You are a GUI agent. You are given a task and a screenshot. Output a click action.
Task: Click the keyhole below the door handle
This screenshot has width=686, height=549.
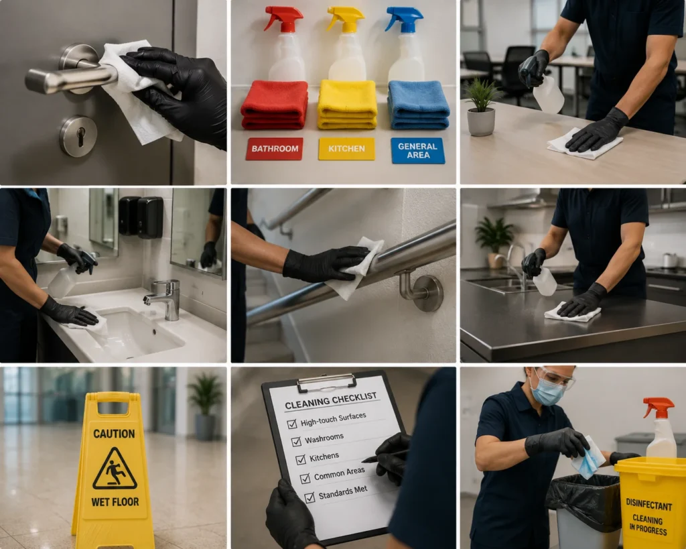(x=80, y=137)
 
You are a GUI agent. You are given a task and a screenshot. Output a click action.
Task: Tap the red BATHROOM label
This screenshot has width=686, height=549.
(x=274, y=148)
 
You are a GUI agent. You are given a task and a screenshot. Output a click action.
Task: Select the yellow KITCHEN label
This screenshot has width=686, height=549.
(x=346, y=149)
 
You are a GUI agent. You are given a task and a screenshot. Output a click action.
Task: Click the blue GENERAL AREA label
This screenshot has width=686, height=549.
(x=418, y=150)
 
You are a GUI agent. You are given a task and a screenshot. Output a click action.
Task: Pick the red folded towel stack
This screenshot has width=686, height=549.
(x=274, y=105)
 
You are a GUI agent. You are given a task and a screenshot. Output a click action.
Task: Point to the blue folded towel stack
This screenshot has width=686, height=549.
(x=418, y=105)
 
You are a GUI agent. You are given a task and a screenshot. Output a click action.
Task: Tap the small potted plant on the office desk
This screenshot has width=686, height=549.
(x=481, y=107)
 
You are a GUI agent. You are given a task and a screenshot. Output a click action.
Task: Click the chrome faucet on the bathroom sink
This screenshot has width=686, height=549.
(x=165, y=299)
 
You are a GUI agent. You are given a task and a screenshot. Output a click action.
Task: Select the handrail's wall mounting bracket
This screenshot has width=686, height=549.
(x=421, y=290)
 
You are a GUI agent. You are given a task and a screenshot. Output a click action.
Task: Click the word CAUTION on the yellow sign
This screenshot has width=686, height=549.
(x=114, y=434)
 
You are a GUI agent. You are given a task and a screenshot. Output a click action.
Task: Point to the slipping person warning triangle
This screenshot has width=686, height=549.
(x=115, y=469)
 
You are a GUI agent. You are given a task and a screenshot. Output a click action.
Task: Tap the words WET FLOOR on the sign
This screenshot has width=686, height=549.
(x=115, y=501)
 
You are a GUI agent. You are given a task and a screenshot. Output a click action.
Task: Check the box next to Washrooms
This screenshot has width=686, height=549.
(x=296, y=441)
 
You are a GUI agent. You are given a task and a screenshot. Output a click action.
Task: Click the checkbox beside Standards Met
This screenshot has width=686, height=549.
(x=310, y=497)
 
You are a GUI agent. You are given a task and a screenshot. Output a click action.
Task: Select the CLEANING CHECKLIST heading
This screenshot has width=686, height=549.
(x=331, y=401)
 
